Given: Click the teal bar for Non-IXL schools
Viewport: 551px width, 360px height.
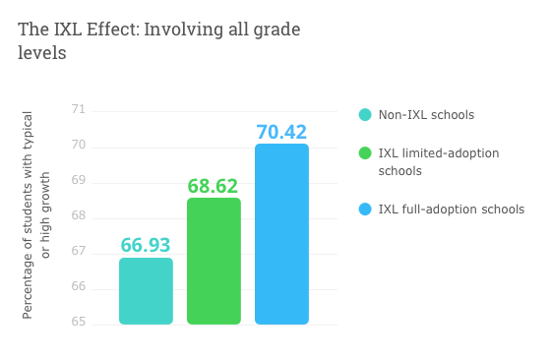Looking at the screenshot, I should [146, 291].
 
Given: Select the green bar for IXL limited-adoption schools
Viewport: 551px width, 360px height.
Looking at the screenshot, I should [214, 262].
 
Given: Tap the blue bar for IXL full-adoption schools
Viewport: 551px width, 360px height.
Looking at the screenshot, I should [281, 234].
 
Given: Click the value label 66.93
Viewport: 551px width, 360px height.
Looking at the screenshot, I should [146, 244].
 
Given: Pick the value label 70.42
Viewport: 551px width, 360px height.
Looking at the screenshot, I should [281, 131].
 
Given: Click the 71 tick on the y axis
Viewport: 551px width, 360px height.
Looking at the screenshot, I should [78, 110].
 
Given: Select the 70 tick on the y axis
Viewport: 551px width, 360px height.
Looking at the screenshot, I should [78, 146].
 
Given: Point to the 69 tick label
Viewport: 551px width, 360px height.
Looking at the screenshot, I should [78, 181].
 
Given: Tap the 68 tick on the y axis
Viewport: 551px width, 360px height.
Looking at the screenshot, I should [78, 216].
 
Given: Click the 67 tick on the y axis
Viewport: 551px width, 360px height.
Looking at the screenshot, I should [78, 252].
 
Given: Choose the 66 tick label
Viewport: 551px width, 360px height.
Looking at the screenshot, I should [78, 287].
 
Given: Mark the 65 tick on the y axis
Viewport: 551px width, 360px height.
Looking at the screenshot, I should [78, 323].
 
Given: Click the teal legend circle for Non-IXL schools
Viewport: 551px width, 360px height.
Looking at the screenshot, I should [365, 115].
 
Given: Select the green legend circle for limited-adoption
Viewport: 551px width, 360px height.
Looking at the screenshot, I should [365, 153].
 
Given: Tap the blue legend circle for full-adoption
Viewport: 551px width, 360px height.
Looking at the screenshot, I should [365, 209].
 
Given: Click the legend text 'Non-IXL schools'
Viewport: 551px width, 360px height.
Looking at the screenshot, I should [426, 115].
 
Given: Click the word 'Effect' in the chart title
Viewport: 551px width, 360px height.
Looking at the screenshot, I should [109, 30].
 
